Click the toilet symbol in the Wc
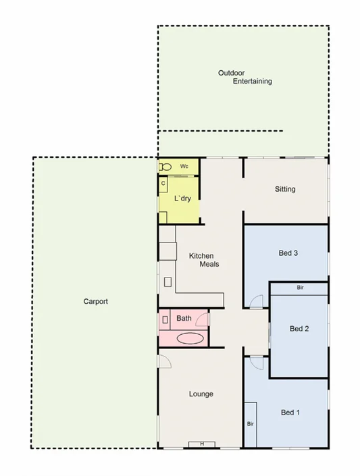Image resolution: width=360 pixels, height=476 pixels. (x=165, y=166)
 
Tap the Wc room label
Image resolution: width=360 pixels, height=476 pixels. (x=184, y=166)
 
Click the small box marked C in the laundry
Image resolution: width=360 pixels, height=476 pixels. (x=163, y=183)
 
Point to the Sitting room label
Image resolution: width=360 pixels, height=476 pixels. (x=285, y=189)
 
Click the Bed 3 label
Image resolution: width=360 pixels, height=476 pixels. (x=288, y=253)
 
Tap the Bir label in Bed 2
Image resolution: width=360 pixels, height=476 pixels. (x=300, y=288)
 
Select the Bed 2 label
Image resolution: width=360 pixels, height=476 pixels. (x=299, y=329)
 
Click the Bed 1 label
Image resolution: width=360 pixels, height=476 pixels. (x=290, y=412)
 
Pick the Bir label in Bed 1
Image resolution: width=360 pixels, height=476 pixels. (x=250, y=424)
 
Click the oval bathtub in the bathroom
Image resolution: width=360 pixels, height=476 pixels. (x=189, y=338)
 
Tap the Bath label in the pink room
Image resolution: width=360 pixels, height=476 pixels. (x=184, y=318)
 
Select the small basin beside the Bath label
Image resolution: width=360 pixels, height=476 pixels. (x=165, y=318)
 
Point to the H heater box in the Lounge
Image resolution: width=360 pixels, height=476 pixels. (x=201, y=444)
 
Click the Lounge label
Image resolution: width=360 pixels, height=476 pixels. (x=201, y=394)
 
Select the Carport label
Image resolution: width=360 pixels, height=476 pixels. (x=95, y=302)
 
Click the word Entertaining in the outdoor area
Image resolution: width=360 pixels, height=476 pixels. (x=252, y=81)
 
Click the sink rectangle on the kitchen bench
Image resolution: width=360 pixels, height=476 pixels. (x=167, y=282)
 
